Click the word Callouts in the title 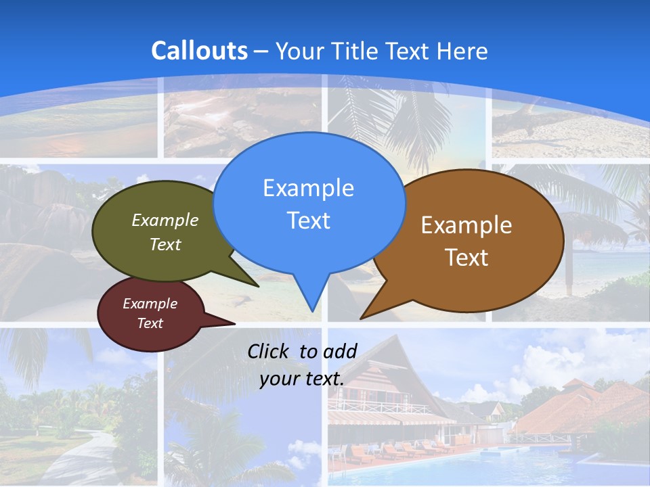click(199, 51)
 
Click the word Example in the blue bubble click(308, 188)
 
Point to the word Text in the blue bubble click(308, 221)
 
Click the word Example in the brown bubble click(467, 225)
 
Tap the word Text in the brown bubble click(467, 258)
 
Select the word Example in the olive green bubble click(165, 220)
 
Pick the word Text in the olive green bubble click(165, 244)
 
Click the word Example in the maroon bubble click(150, 304)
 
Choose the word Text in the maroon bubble click(150, 323)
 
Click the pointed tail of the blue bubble click(311, 308)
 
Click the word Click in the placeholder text click(270, 351)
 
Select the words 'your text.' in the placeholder click(302, 379)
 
